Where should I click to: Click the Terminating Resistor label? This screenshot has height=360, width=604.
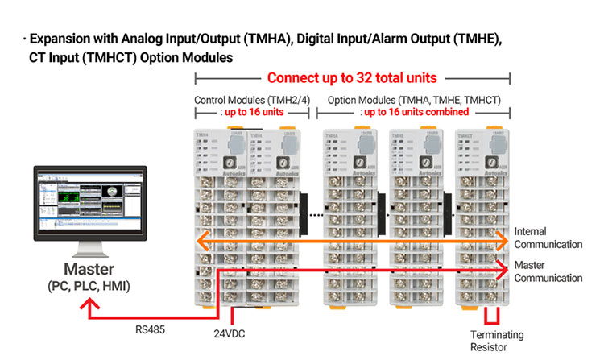click(496, 340)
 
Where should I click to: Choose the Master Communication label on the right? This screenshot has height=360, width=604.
click(548, 272)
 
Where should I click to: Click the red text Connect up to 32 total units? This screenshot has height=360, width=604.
click(352, 79)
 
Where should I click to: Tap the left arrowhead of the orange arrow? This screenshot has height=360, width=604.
click(201, 238)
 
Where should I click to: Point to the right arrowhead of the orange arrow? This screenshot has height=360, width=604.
click(505, 238)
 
